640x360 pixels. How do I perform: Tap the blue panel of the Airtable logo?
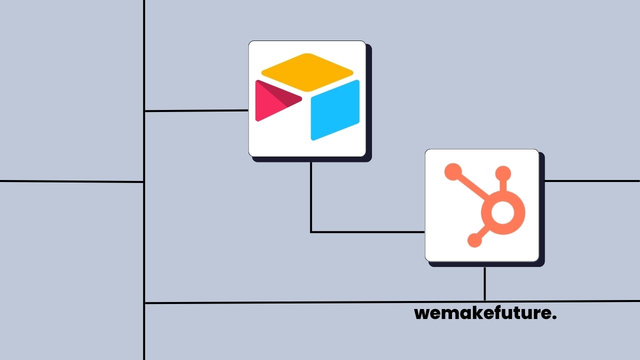click(x=335, y=110)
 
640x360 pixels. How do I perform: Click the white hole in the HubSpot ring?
click(x=502, y=213)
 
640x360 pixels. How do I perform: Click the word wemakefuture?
click(x=485, y=313)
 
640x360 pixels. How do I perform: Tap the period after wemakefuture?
click(x=554, y=318)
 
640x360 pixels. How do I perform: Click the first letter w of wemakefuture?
click(x=422, y=314)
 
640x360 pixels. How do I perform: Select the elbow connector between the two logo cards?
click(x=311, y=231)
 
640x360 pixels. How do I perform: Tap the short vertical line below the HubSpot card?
click(x=484, y=283)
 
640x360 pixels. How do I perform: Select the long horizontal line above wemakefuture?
click(x=300, y=302)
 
